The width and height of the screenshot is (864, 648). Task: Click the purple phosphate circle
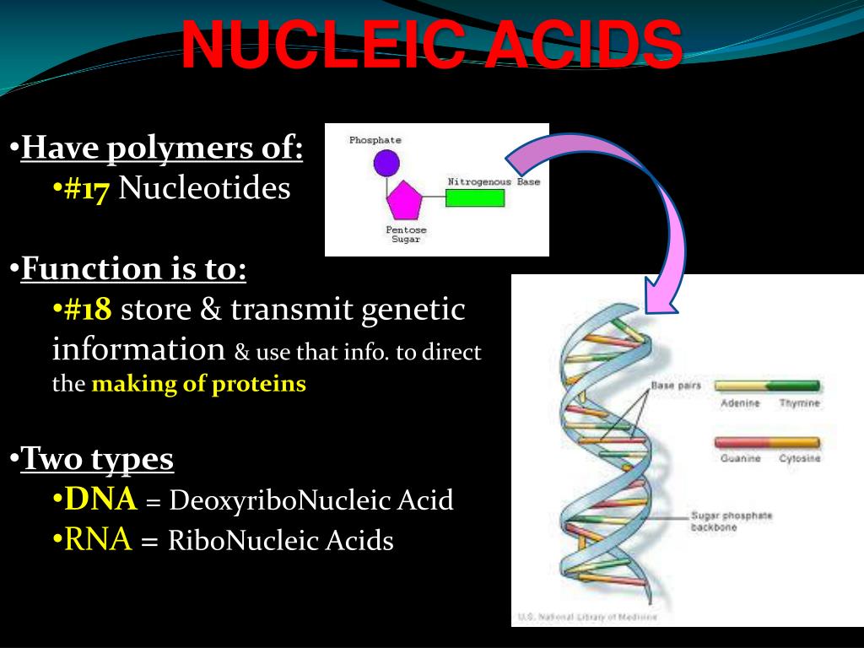pyautogui.click(x=386, y=163)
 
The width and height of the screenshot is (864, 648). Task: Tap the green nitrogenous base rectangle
pyautogui.click(x=474, y=199)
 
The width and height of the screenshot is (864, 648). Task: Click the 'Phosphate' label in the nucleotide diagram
pyautogui.click(x=375, y=140)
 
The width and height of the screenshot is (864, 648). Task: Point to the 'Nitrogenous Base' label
pyautogui.click(x=494, y=181)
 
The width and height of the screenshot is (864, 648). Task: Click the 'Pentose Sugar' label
pyautogui.click(x=406, y=235)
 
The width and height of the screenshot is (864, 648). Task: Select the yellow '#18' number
pyautogui.click(x=88, y=310)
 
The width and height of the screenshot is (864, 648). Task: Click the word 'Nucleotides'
pyautogui.click(x=204, y=189)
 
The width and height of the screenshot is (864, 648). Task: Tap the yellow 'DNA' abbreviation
pyautogui.click(x=100, y=499)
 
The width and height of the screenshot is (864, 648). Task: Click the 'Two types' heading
pyautogui.click(x=97, y=460)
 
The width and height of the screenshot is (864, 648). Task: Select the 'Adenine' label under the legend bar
pyautogui.click(x=739, y=403)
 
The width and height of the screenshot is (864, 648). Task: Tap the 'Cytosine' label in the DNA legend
pyautogui.click(x=798, y=458)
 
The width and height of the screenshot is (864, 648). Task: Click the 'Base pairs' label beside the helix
pyautogui.click(x=675, y=386)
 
